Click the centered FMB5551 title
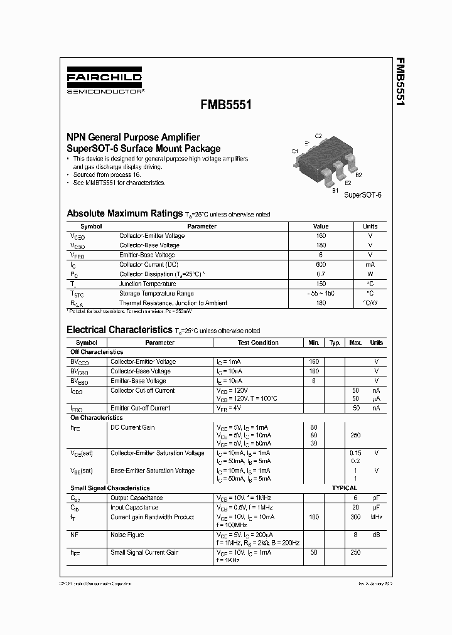tap(226, 105)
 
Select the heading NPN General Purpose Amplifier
tap(133, 137)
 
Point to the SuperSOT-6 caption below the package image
tap(363, 195)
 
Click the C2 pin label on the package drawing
tap(318, 136)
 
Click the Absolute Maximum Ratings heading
tap(124, 213)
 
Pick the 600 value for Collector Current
tap(321, 265)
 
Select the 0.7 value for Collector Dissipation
tap(321, 274)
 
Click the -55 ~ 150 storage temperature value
tap(321, 294)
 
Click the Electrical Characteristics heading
tap(119, 329)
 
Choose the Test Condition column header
tap(258, 343)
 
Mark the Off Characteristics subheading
tap(97, 352)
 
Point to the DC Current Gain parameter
tap(132, 427)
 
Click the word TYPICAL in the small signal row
tap(345, 488)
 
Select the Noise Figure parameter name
tap(127, 535)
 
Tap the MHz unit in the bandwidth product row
tap(376, 517)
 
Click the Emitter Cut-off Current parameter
tap(140, 408)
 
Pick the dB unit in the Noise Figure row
tap(376, 535)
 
